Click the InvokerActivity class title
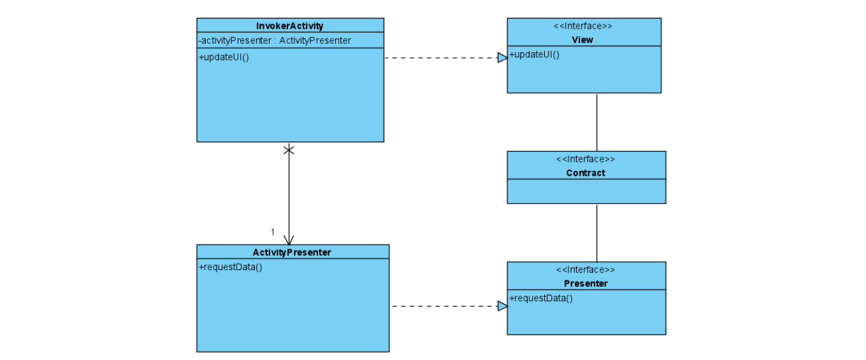(290, 26)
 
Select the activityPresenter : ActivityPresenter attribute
(275, 41)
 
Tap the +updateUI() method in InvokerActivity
(224, 57)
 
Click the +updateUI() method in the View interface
(534, 54)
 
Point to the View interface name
(582, 40)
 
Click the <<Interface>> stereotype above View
(583, 27)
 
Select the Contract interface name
(585, 173)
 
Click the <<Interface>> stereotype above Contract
(585, 159)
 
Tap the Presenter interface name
(585, 284)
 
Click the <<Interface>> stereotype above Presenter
(585, 270)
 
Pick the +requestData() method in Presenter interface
(541, 298)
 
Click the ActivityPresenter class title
(292, 252)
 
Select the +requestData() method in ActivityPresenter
(231, 267)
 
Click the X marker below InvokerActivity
(289, 150)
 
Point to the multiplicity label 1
(273, 232)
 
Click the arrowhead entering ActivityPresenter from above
(289, 240)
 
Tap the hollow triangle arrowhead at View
(502, 58)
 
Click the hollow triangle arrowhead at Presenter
(502, 306)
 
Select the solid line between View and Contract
(596, 122)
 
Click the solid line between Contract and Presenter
(596, 233)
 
